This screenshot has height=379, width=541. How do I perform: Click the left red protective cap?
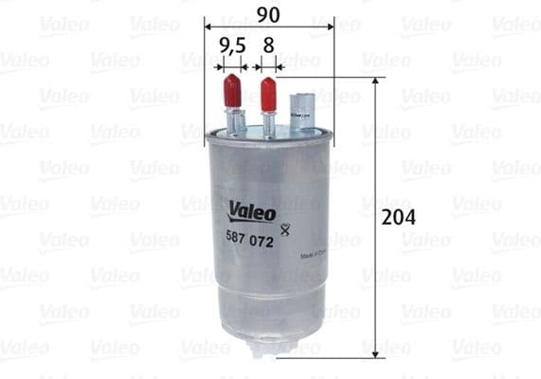point(230,93)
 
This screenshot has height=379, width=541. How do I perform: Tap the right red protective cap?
point(268,93)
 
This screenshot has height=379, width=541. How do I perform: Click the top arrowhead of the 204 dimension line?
point(376,83)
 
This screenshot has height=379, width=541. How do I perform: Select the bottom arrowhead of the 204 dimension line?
point(376,351)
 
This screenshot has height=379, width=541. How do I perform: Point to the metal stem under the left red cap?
point(232,121)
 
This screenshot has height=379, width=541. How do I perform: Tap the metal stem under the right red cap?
point(269,121)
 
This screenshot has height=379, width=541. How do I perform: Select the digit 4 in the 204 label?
point(412,216)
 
